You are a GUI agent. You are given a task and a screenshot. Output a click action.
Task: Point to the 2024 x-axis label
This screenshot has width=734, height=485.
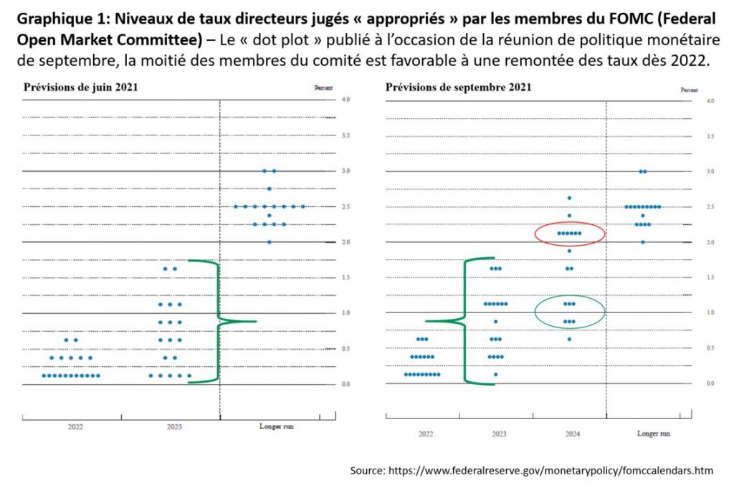pos(572,434)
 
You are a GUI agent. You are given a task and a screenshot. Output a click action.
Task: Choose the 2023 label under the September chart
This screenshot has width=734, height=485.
pos(499,434)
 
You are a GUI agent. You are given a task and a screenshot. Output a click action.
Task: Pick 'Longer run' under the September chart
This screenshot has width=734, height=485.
pos(654,434)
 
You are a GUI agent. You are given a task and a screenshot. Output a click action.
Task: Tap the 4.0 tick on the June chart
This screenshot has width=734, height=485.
pos(345,98)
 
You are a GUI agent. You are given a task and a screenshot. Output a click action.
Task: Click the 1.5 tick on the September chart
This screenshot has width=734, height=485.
pos(710,277)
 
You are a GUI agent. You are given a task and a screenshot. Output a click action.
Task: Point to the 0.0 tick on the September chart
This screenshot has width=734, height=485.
pos(710,384)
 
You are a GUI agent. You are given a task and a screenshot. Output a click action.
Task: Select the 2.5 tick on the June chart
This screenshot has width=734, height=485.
pos(345,206)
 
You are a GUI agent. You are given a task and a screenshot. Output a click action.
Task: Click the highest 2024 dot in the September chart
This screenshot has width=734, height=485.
pos(569,198)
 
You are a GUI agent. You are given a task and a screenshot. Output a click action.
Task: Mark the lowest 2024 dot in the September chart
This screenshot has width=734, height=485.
pos(569,339)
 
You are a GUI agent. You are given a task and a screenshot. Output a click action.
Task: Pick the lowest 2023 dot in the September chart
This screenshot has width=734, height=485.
pos(495,374)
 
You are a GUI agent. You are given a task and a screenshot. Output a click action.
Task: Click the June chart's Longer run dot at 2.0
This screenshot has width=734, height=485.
pos(270,242)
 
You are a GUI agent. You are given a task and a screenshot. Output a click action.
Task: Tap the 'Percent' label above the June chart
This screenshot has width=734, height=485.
pos(323,88)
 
